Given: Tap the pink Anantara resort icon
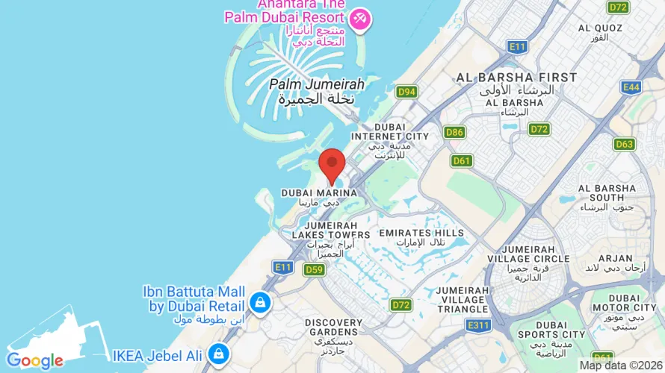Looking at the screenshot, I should point(359,19).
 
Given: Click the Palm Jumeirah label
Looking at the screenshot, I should point(316,84).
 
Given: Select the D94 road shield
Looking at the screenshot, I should point(406,92).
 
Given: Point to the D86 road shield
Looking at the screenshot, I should point(454,132).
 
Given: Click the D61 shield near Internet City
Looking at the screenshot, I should point(462,160).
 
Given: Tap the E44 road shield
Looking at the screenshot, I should point(631,87).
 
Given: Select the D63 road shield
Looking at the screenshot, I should point(625,143).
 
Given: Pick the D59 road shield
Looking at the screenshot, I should point(314,269).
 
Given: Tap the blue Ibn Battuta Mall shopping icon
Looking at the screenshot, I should point(260,302).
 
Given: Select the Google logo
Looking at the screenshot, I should point(35,361).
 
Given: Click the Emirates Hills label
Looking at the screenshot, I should point(416,233).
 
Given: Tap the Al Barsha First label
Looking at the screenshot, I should point(516,78).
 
